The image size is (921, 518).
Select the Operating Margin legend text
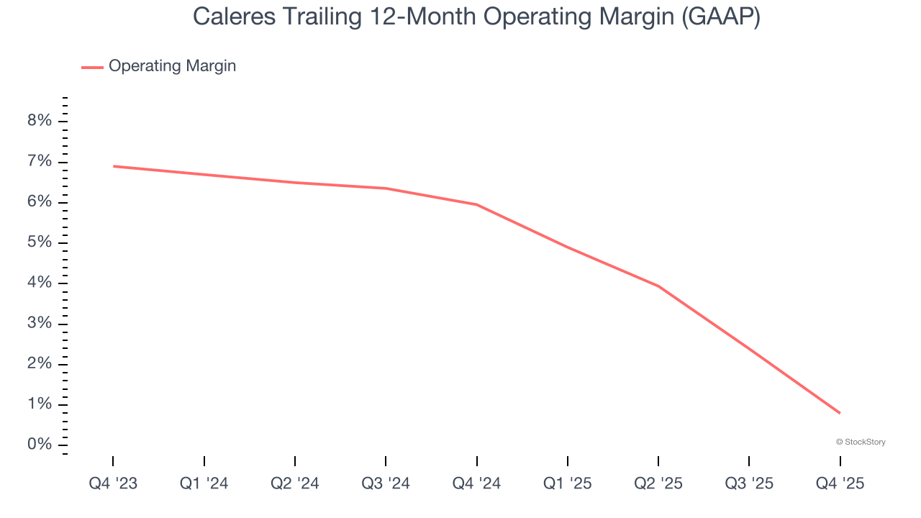click(172, 66)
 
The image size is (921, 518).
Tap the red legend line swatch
click(92, 67)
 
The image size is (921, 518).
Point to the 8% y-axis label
click(40, 121)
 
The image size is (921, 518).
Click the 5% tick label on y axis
click(40, 242)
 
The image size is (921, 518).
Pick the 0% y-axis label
click(40, 445)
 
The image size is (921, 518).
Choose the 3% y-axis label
click(40, 323)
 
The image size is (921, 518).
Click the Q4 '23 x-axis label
click(113, 483)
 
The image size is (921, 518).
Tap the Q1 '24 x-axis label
click(204, 483)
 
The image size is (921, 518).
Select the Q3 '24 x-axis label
click(386, 483)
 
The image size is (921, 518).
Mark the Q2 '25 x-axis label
click(658, 483)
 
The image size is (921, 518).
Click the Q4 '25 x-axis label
click(840, 483)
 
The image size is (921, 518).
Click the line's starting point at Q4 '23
click(114, 166)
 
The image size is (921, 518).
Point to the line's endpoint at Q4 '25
click(840, 413)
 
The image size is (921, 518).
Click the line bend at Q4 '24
click(476, 204)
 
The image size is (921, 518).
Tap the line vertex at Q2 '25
click(658, 286)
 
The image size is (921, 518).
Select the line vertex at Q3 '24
click(386, 188)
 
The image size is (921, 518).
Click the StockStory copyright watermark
click(861, 442)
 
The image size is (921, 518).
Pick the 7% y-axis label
click(40, 161)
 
